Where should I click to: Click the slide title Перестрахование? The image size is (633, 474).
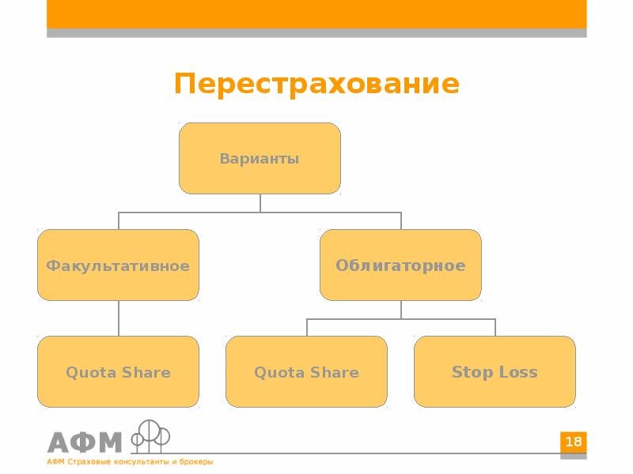pos(316,84)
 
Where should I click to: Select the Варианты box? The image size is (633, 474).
pos(260,159)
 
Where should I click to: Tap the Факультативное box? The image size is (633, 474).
pos(118,265)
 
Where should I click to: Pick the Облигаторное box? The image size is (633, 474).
pos(400,265)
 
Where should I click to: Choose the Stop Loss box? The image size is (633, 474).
pos(495,372)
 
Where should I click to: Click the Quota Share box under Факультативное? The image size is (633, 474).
pos(118,372)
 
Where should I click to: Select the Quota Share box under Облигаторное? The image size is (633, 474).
pos(306,372)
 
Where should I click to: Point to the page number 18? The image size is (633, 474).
pos(574,442)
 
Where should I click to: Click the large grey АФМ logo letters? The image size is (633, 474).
pos(85,442)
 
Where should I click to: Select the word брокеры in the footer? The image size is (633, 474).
pos(195,462)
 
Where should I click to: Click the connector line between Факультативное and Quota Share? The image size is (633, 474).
pos(119,318)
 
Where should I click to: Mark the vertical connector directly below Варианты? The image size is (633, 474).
pos(260,203)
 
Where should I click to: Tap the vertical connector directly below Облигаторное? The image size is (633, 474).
pos(400,310)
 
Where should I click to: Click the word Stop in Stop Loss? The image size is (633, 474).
pos(468,372)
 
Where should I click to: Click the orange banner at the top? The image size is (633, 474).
pos(316,13)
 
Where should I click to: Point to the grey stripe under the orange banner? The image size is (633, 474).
pos(316,32)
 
